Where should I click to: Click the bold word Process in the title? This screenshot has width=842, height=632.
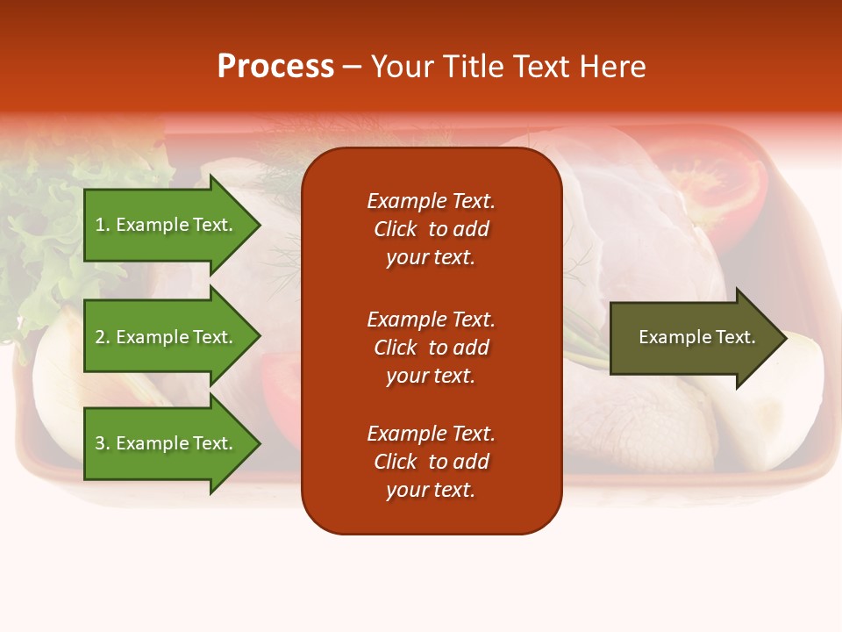pos(275,67)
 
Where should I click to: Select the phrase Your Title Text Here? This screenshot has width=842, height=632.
pos(508,67)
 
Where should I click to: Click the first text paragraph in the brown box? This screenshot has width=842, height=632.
pos(431,229)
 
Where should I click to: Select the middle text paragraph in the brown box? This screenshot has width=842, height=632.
pos(431,348)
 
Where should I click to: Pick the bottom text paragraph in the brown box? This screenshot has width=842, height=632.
pos(431,462)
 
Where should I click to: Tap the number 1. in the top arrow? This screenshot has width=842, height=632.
pos(102,225)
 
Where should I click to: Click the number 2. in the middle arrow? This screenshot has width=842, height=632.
pos(102,337)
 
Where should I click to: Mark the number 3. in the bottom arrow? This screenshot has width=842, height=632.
pos(102,443)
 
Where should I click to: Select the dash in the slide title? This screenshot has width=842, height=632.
pos(352,67)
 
